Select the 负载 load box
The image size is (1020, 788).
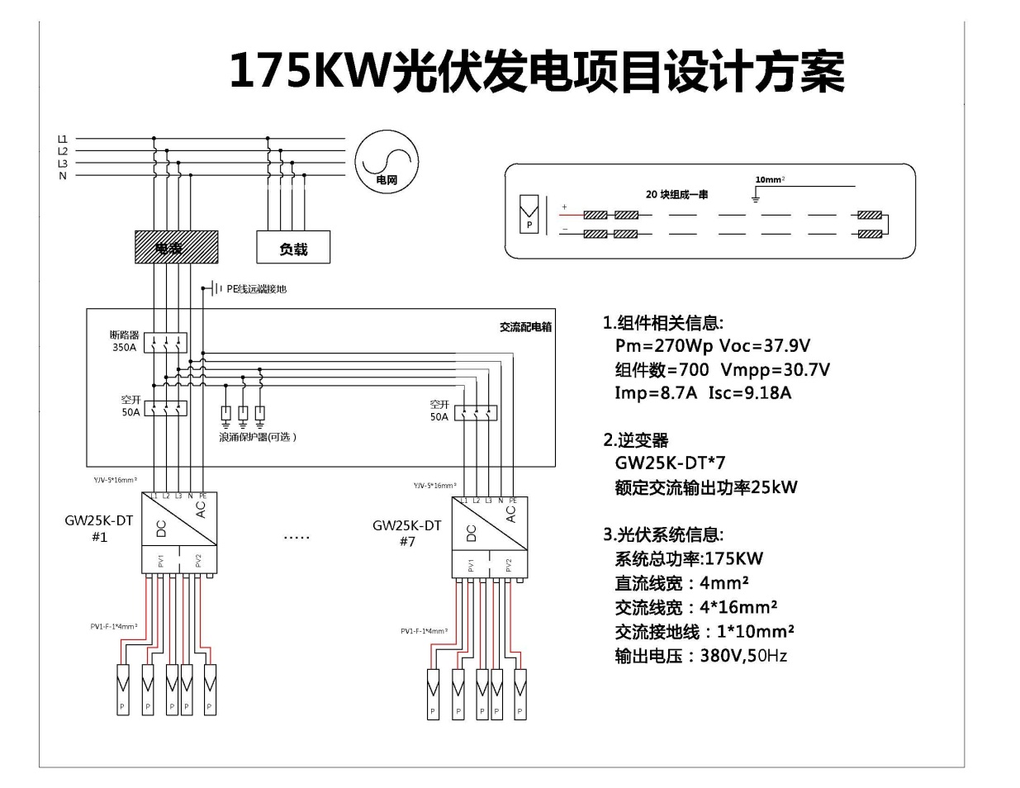tap(293, 248)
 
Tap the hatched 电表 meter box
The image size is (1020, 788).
tap(176, 247)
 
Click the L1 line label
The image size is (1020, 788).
tap(62, 139)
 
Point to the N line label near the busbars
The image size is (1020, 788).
tap(62, 175)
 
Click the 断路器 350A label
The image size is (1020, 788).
tap(124, 341)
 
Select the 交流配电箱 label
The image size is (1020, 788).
tap(525, 327)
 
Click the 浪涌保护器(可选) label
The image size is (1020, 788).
tap(257, 437)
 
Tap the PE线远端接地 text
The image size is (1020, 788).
tap(256, 289)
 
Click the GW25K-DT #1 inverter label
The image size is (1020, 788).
tap(98, 529)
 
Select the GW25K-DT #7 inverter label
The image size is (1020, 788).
tap(406, 533)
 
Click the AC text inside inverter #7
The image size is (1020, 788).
tap(510, 514)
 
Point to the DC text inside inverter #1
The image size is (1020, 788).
tap(161, 529)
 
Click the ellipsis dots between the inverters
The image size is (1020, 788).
tap(297, 538)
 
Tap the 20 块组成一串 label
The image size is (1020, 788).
tap(676, 195)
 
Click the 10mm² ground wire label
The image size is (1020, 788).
tap(770, 179)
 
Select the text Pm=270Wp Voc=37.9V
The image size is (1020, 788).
tap(712, 346)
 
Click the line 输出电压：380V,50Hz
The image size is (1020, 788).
tap(700, 656)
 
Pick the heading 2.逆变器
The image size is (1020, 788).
tap(635, 440)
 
